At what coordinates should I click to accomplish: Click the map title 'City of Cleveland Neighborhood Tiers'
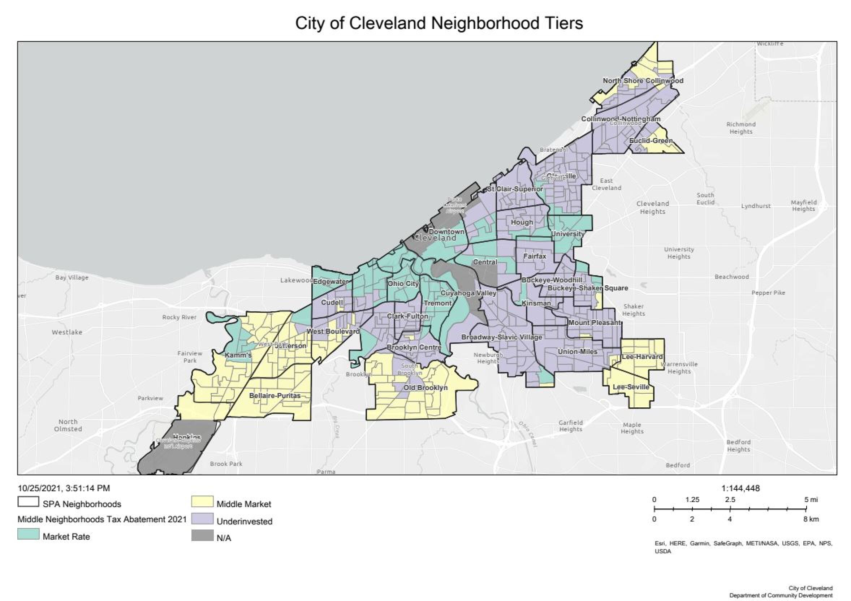click(439, 23)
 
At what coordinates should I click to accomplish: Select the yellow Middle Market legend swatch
click(202, 502)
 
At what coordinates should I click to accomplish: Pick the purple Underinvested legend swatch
click(202, 519)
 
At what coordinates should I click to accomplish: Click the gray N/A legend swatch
click(202, 536)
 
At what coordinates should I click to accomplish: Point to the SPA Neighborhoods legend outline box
click(28, 502)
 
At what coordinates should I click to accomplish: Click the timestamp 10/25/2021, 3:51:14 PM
click(64, 488)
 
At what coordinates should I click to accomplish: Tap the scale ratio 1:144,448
click(740, 488)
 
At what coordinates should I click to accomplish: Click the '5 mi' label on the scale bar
click(811, 500)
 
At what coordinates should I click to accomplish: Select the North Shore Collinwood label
click(643, 81)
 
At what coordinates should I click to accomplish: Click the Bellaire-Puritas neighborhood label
click(275, 396)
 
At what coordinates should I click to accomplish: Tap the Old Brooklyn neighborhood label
click(425, 388)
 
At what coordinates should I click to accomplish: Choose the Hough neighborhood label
click(522, 222)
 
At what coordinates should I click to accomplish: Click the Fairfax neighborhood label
click(535, 256)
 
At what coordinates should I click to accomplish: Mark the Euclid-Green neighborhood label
click(651, 141)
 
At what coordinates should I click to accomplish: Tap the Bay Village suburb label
click(72, 277)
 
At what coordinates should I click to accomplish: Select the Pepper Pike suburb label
click(768, 293)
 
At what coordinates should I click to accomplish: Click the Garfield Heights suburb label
click(570, 426)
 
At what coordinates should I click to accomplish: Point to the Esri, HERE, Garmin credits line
click(743, 544)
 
